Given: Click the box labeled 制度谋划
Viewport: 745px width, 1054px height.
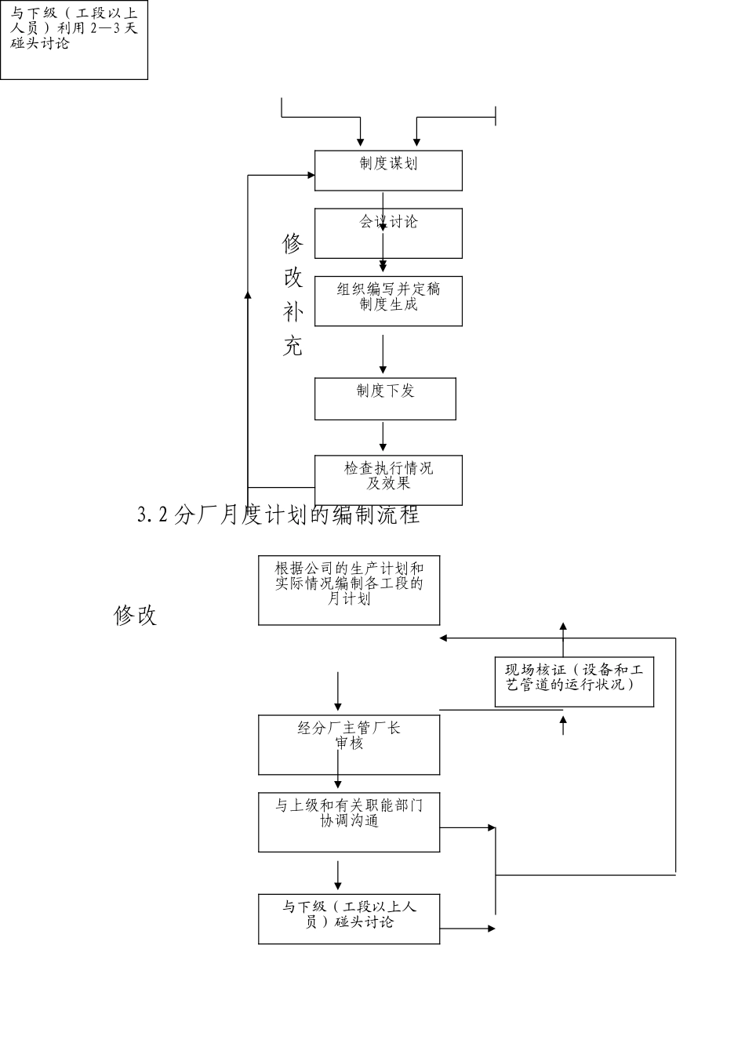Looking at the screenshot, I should click(x=388, y=171).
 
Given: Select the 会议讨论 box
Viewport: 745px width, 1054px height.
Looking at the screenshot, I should click(x=388, y=234).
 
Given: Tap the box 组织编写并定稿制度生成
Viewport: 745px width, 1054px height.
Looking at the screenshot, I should click(x=388, y=301).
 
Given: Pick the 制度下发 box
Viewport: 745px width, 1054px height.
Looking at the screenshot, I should click(x=385, y=399).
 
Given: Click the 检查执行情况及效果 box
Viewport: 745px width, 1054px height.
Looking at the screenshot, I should click(x=388, y=480).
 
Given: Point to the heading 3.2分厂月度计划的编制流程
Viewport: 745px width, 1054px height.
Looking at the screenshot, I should click(x=278, y=515).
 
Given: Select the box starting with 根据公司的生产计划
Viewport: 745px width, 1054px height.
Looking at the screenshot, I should click(x=349, y=591).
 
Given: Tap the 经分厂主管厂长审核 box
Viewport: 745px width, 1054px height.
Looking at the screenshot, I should click(x=349, y=745).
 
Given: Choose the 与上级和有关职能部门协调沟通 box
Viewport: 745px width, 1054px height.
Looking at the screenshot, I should click(x=349, y=822).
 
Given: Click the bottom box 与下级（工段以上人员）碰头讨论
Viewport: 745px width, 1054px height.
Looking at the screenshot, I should click(x=349, y=918).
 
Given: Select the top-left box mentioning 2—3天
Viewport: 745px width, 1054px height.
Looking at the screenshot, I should click(x=74, y=39).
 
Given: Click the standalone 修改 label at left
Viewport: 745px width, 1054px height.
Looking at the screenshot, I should click(x=136, y=616).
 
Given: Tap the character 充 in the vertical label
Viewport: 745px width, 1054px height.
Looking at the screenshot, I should click(x=293, y=346).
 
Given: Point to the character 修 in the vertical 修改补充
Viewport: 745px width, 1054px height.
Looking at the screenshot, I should click(x=293, y=244).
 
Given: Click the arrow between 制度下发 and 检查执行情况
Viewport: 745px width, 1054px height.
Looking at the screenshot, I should click(x=383, y=437).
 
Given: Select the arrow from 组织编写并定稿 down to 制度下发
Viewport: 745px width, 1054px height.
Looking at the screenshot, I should click(x=383, y=354).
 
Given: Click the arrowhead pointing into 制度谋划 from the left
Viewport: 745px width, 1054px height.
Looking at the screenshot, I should click(x=310, y=175).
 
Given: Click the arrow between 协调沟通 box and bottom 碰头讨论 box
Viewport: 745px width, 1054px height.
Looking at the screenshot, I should click(x=338, y=875).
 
